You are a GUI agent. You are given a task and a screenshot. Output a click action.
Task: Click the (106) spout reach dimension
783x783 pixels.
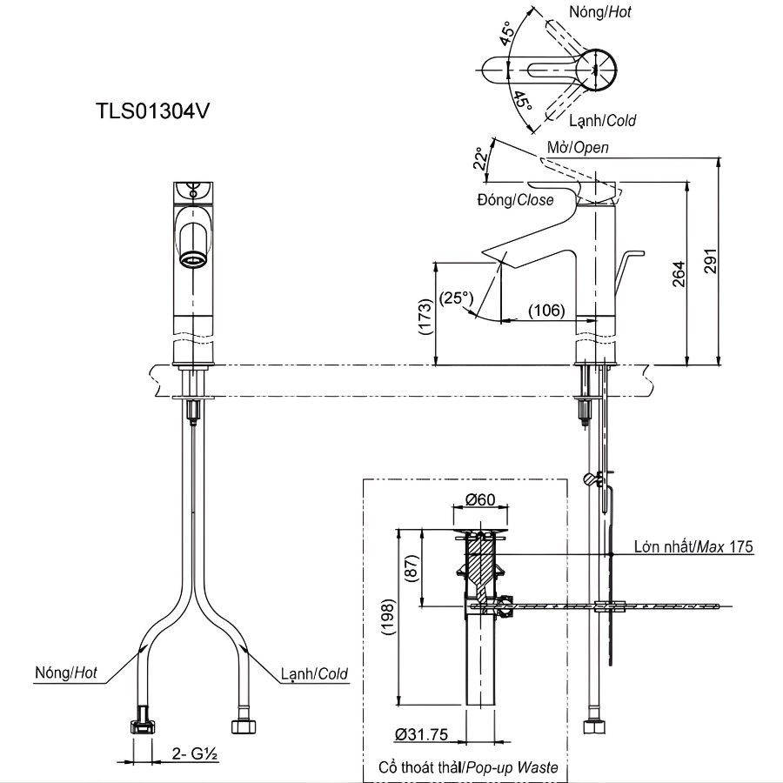pos(546,311)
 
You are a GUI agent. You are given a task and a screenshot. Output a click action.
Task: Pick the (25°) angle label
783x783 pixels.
pos(456,298)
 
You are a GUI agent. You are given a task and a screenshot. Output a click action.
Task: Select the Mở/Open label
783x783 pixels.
pos(578,147)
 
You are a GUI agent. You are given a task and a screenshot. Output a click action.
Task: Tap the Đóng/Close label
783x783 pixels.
pos(515,200)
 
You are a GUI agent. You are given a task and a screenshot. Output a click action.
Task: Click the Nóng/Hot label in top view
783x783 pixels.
pos(600,12)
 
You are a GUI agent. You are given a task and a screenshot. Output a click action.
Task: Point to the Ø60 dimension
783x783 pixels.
pos(480,499)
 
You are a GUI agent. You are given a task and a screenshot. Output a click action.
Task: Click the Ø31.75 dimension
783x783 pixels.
pos(421,735)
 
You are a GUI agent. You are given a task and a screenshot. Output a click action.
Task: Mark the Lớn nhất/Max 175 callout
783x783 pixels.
pos(693,547)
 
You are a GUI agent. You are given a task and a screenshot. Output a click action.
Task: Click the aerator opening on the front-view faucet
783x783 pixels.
pos(192,258)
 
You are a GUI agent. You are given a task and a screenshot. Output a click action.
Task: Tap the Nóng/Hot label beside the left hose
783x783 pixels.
pos(66,673)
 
